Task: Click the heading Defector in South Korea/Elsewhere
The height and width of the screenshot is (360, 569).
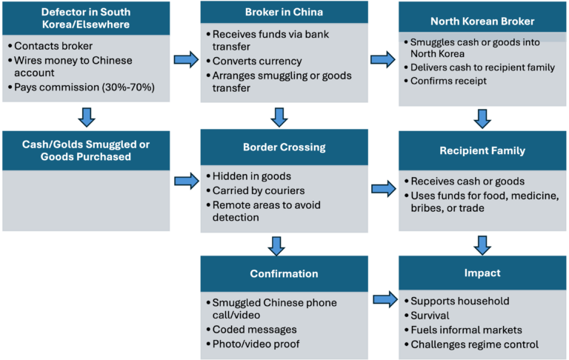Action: pyautogui.click(x=85, y=18)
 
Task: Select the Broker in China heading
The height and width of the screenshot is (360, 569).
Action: pyautogui.click(x=284, y=13)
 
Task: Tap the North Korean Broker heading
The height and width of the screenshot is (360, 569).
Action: pyautogui.click(x=482, y=21)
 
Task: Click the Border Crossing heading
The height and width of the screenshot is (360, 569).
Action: pyautogui.click(x=284, y=147)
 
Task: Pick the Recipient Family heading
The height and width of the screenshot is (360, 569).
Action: pyautogui.click(x=482, y=150)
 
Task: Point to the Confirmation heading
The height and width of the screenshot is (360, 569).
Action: pyautogui.click(x=284, y=273)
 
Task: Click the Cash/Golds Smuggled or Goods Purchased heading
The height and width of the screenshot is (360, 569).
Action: pyautogui.click(x=85, y=150)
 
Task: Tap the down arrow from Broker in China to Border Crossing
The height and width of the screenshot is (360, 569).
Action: pyautogui.click(x=278, y=117)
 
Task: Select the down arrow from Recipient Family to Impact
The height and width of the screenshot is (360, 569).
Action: pyautogui.click(x=482, y=244)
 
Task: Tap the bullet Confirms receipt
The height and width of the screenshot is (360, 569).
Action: pyautogui.click(x=448, y=81)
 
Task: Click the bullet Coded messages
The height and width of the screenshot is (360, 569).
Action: pyautogui.click(x=255, y=330)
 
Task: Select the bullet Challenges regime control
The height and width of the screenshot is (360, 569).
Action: pyautogui.click(x=474, y=344)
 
